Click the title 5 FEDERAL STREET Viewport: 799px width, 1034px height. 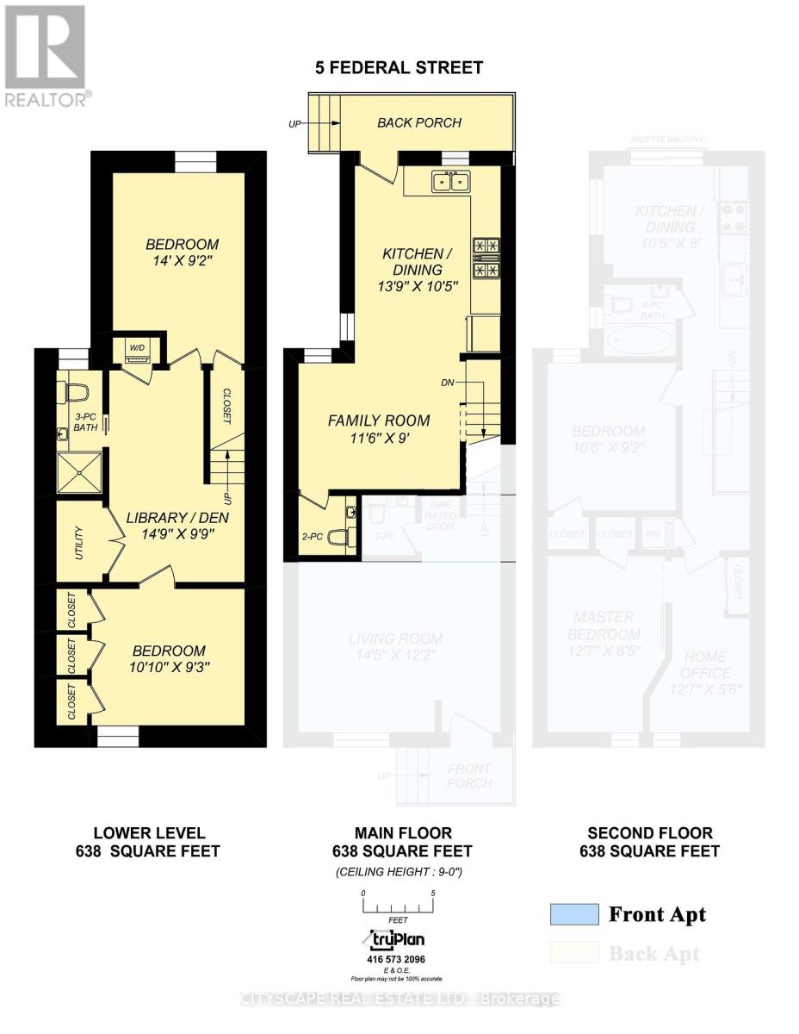(x=399, y=66)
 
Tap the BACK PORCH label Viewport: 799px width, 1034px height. (x=419, y=122)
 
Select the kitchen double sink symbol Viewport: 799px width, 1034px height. (x=450, y=181)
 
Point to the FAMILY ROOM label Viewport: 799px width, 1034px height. (x=378, y=420)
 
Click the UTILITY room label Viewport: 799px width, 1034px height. (x=78, y=543)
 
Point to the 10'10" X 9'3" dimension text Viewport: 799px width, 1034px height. (x=168, y=669)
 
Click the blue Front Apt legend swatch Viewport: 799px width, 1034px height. (x=574, y=914)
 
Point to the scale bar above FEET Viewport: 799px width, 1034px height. (x=397, y=906)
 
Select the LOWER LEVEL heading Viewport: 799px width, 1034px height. (x=149, y=833)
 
